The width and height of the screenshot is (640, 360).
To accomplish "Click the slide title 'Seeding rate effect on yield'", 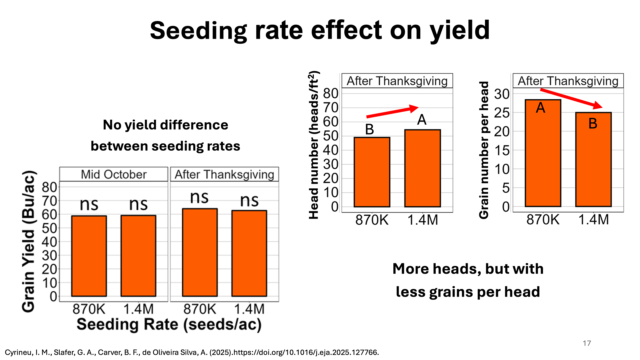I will [320, 30].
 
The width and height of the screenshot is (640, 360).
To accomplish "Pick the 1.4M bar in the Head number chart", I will [422, 168].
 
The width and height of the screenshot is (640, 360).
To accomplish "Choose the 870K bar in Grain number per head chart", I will [543, 153].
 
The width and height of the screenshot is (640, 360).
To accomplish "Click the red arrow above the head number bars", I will [392, 112].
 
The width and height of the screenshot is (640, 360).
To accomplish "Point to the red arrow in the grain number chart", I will [571, 98].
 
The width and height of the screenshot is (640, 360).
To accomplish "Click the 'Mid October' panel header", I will [114, 174].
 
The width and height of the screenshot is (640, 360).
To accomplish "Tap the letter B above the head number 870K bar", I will [369, 130].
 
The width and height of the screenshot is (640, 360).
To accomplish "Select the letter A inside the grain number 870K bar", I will [540, 108].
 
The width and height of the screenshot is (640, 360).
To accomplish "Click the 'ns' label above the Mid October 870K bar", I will [89, 204].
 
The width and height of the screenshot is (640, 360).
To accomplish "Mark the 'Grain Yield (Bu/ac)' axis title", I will [29, 241].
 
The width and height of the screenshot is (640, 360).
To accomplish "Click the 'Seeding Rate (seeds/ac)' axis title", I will [169, 324].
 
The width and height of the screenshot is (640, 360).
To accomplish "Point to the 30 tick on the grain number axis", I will [502, 94].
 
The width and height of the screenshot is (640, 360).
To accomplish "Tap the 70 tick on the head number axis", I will [331, 108].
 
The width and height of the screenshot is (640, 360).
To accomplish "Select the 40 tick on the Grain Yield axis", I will [49, 242].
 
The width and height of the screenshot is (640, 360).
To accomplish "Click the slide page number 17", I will [587, 343].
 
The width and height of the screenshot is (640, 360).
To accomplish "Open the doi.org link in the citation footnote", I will [306, 352].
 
